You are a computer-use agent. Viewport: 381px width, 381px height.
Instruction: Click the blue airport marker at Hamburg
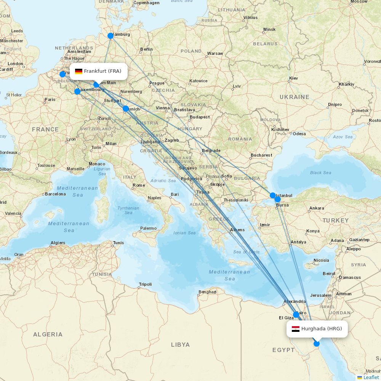(110, 36)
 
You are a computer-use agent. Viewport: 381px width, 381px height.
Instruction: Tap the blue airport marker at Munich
(126, 109)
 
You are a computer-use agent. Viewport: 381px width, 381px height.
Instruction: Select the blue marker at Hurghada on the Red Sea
(317, 344)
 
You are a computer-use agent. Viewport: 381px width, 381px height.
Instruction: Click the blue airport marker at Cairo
(296, 315)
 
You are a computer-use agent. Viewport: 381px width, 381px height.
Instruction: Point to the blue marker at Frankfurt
(97, 85)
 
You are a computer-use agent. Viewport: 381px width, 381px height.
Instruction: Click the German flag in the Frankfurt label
(79, 71)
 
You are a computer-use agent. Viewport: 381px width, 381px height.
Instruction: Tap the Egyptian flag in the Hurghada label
(296, 329)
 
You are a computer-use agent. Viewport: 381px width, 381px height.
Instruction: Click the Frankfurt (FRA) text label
(102, 71)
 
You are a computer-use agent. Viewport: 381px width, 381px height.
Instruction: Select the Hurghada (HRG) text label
(322, 329)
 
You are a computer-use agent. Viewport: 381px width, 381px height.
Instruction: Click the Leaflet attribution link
(371, 377)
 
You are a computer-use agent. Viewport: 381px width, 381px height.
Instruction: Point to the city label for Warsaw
(215, 53)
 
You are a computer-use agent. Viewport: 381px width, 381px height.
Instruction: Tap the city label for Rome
(139, 185)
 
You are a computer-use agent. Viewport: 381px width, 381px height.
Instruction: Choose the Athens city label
(237, 230)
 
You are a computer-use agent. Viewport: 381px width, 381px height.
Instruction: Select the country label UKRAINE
(295, 97)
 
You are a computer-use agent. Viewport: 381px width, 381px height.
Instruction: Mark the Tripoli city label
(145, 284)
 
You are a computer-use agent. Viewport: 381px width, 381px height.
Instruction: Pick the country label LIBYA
(180, 344)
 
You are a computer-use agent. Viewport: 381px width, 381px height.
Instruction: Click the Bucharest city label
(261, 155)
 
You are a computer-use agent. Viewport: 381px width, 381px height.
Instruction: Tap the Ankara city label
(317, 208)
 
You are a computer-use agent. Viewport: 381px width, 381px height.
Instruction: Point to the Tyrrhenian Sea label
(128, 210)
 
